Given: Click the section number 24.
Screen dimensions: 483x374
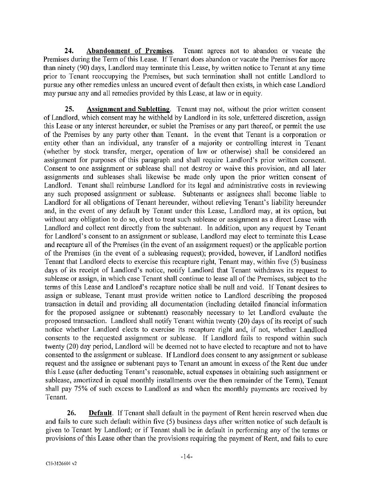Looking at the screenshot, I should pos(70,51).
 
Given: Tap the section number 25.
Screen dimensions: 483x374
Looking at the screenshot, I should pos(70,109).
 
